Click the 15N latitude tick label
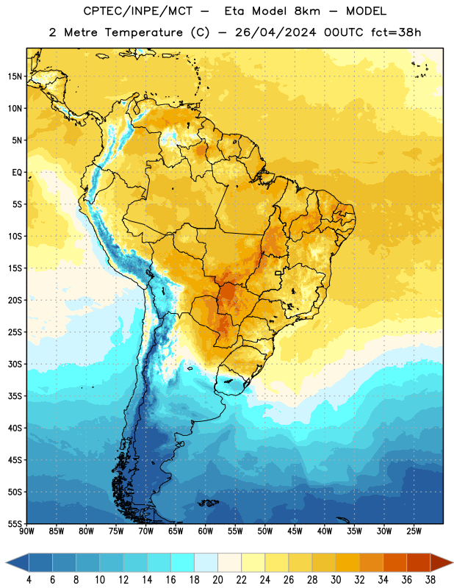coord(15,76)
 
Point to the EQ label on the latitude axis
coord(17,173)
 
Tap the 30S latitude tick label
coord(15,364)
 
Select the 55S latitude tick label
coord(15,523)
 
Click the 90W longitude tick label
coord(27,531)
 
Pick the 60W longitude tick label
coord(206,531)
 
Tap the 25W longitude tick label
coord(414,531)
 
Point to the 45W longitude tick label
coord(295,531)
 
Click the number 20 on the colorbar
coord(217,580)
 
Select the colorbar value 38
coord(430,580)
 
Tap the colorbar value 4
coord(29,580)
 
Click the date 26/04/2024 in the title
coord(275,32)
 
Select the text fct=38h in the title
coord(396,32)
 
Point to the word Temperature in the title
coord(143,32)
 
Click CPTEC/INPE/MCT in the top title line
coord(138,11)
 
